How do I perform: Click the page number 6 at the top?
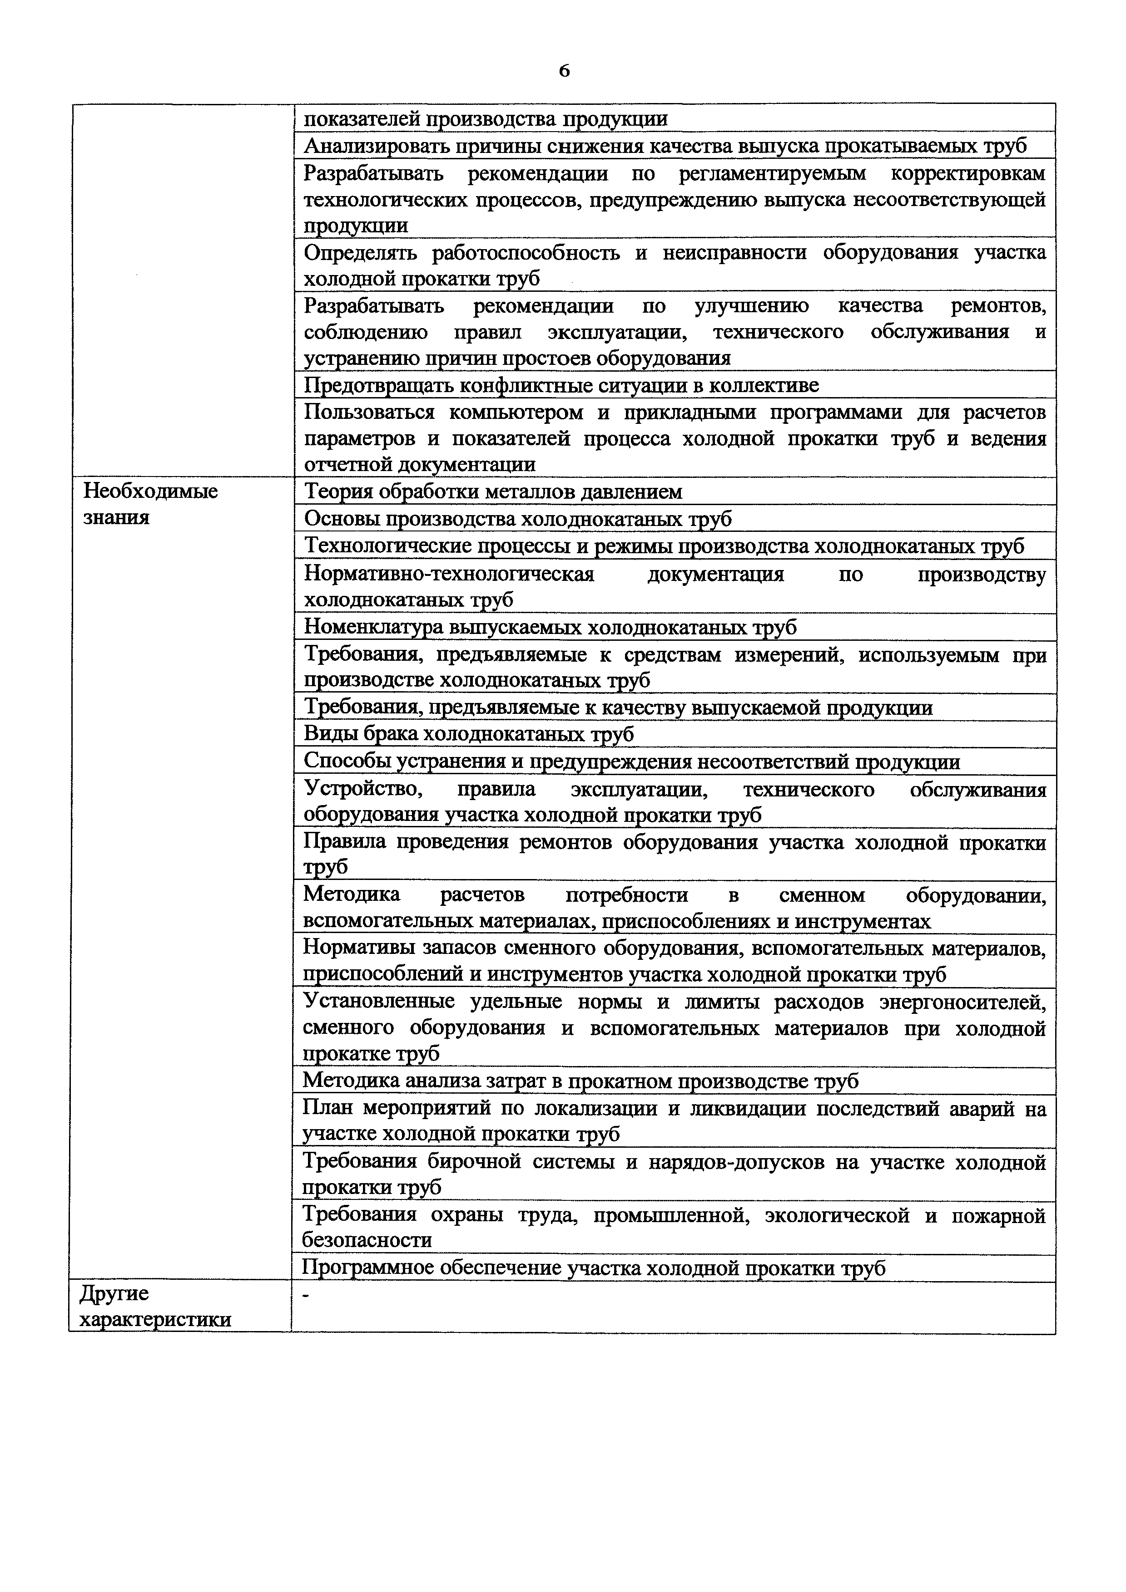click(563, 71)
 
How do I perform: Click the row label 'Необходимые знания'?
click(150, 504)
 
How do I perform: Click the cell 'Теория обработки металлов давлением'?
click(493, 491)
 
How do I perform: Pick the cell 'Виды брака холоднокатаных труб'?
click(469, 733)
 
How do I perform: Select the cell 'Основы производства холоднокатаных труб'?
click(518, 519)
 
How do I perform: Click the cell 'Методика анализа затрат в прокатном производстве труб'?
click(580, 1080)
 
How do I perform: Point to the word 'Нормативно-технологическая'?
click(449, 574)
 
